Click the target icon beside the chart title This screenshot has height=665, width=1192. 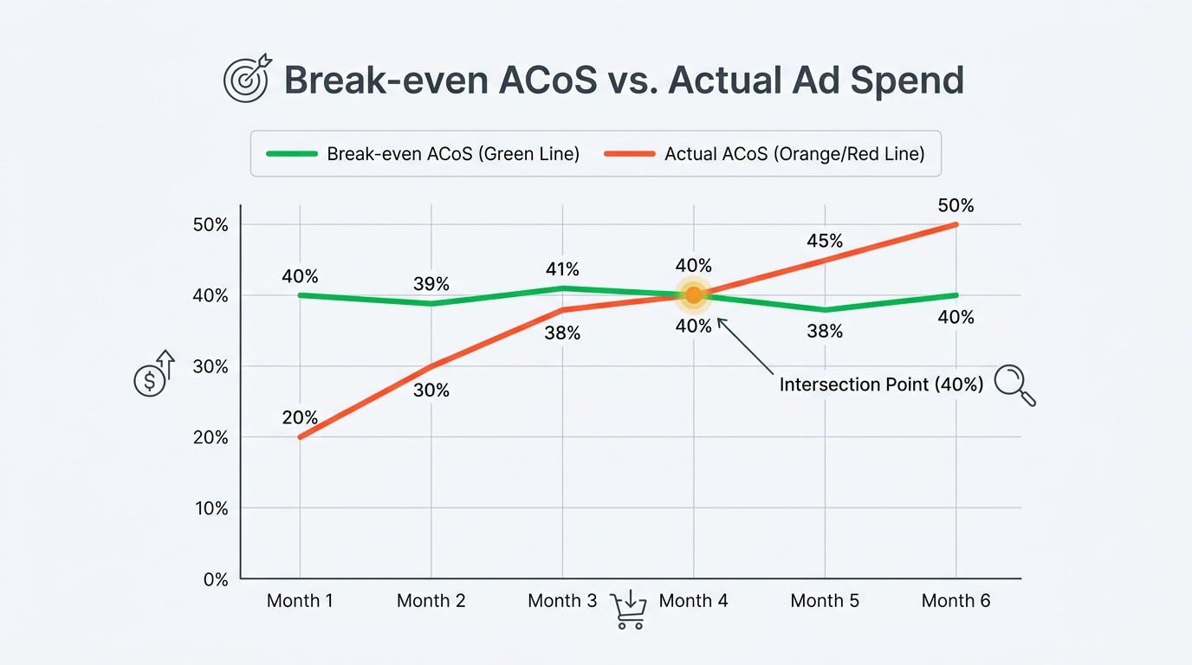point(248,80)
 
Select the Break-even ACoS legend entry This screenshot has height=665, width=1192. point(423,154)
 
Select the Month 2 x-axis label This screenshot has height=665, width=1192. point(431,601)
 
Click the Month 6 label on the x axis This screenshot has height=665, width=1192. point(956,601)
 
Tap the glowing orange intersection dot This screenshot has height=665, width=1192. point(693,295)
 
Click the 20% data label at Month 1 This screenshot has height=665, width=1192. point(300,417)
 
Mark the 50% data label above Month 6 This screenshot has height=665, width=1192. point(956,206)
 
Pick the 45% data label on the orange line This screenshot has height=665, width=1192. point(825,242)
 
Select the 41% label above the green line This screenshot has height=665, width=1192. point(562,269)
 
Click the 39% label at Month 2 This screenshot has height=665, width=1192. point(431,285)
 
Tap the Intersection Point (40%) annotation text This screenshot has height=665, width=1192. point(881,384)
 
